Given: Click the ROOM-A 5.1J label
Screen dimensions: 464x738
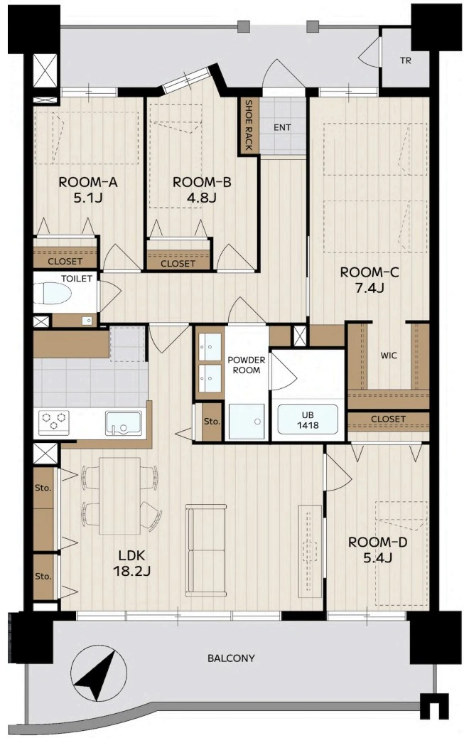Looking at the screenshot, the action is click(x=87, y=190).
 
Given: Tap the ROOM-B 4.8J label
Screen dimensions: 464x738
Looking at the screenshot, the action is click(x=202, y=190).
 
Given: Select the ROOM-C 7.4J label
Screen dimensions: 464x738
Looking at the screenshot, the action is click(x=369, y=280).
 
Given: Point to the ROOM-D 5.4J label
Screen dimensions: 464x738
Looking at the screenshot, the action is click(x=377, y=550).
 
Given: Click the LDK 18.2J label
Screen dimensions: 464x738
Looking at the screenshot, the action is click(x=131, y=563).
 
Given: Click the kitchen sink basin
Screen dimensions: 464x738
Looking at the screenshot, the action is click(x=124, y=422).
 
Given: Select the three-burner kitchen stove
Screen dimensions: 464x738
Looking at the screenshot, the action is click(x=54, y=422).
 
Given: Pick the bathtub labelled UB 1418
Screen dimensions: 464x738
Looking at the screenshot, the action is click(x=308, y=419).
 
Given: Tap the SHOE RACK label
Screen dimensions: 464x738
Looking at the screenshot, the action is click(x=249, y=124).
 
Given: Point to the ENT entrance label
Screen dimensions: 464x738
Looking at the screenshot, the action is click(x=282, y=127).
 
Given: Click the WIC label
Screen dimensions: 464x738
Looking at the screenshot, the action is click(x=389, y=355).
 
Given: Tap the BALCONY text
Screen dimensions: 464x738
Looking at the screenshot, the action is click(x=231, y=658).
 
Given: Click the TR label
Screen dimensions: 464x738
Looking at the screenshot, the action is click(x=405, y=60).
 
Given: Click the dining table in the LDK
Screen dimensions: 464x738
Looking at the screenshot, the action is click(x=119, y=496).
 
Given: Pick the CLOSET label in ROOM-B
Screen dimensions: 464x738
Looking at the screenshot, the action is click(x=178, y=264).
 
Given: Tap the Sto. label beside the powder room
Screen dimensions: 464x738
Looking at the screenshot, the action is click(x=212, y=422).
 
